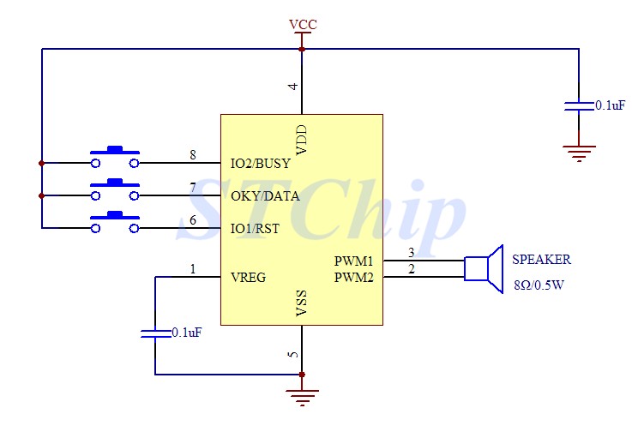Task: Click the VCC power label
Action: pos(303,24)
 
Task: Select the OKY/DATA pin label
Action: pos(265,195)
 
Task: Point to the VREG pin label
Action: pos(248,277)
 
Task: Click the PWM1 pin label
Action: pos(353,261)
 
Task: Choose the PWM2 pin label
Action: pos(353,276)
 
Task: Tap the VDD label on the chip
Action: pos(302,140)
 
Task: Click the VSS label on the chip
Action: pos(302,304)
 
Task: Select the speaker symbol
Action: pos(484,268)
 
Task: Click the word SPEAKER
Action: pos(541,260)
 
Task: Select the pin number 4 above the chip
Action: pos(293,87)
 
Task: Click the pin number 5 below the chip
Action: pos(293,354)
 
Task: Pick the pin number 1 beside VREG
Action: pos(193,269)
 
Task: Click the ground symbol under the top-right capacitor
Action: pos(579,153)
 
